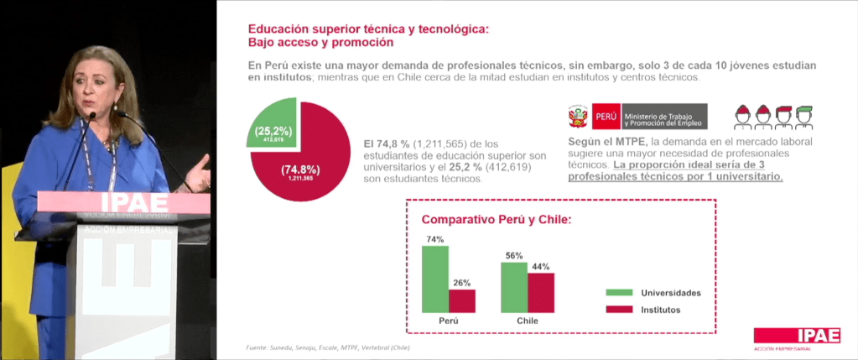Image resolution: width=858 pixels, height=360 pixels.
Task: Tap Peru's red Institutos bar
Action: [461, 300]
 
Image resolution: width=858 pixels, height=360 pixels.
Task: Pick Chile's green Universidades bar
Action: [513, 287]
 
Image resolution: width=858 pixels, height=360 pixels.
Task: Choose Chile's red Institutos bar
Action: [541, 293]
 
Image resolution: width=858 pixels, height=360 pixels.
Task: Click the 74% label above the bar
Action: [434, 239]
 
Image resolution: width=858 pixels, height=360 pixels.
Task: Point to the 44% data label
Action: [541, 267]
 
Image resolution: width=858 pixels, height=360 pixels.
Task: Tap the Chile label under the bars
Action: [527, 321]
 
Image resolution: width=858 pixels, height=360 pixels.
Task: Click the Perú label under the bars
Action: [449, 321]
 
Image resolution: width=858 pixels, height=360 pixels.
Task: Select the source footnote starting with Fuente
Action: [328, 347]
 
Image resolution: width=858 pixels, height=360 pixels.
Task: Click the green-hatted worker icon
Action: [804, 117]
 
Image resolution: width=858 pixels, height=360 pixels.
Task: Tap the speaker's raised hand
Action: [200, 173]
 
